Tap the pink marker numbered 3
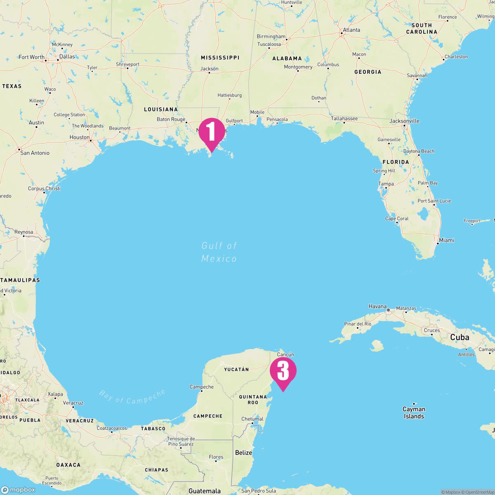coord(283,371)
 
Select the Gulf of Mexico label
coord(219,252)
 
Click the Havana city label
coord(377,306)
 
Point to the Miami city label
coord(446,240)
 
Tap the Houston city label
coord(79,137)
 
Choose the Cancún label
coord(285,354)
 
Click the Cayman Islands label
coord(414,412)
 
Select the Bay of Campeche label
coord(132,397)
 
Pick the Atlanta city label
coord(351,30)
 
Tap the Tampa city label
coord(386,184)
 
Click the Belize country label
coord(243,453)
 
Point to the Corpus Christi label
coord(44,189)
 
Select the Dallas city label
coord(67,57)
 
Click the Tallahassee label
coord(344,118)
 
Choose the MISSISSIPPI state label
coord(220,57)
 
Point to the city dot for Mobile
coord(257,116)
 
